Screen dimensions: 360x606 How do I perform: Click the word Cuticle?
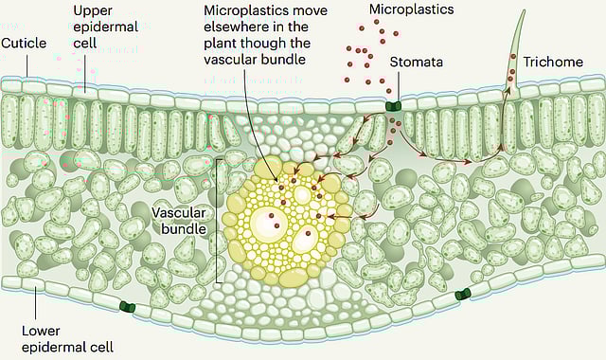click(x=26, y=43)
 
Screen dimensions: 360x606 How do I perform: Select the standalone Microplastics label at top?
click(x=410, y=9)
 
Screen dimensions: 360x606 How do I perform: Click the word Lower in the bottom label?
click(x=41, y=331)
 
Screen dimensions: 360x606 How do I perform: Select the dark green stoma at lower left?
click(x=128, y=306)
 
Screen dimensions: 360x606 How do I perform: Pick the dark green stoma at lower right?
click(x=463, y=295)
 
